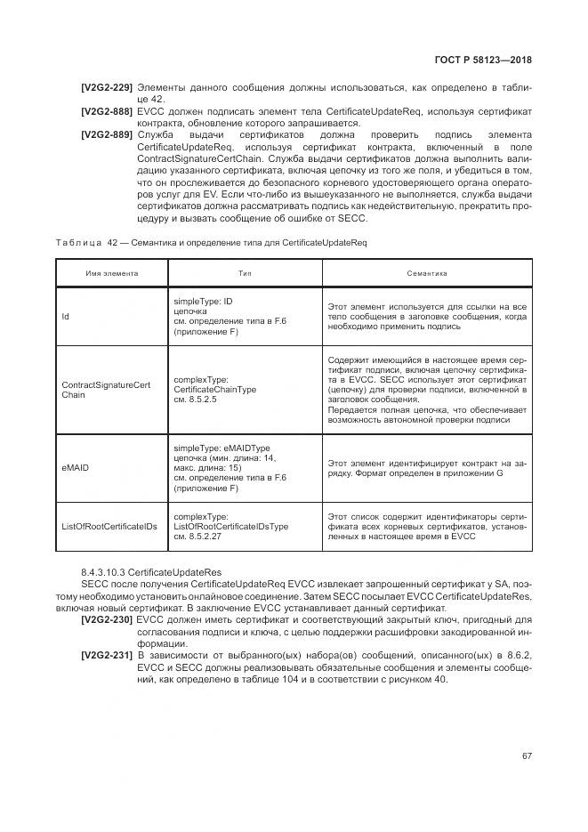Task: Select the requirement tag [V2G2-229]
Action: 107,87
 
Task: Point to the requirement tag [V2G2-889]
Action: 107,134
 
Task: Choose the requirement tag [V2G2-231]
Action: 107,655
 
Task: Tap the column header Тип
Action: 245,273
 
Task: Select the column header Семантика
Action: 427,273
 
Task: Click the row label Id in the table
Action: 65,316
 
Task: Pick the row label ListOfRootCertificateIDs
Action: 109,527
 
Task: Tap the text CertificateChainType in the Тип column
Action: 214,390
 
